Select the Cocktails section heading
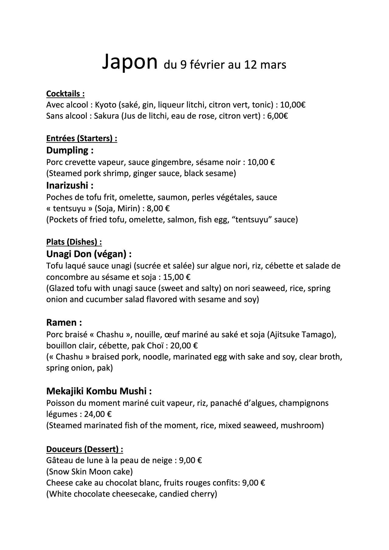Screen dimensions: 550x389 point(65,94)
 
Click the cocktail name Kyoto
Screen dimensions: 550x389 point(105,105)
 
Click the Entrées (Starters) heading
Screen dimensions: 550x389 point(81,138)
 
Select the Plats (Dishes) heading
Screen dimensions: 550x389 point(74,242)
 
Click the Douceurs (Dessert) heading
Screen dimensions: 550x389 point(84,449)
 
